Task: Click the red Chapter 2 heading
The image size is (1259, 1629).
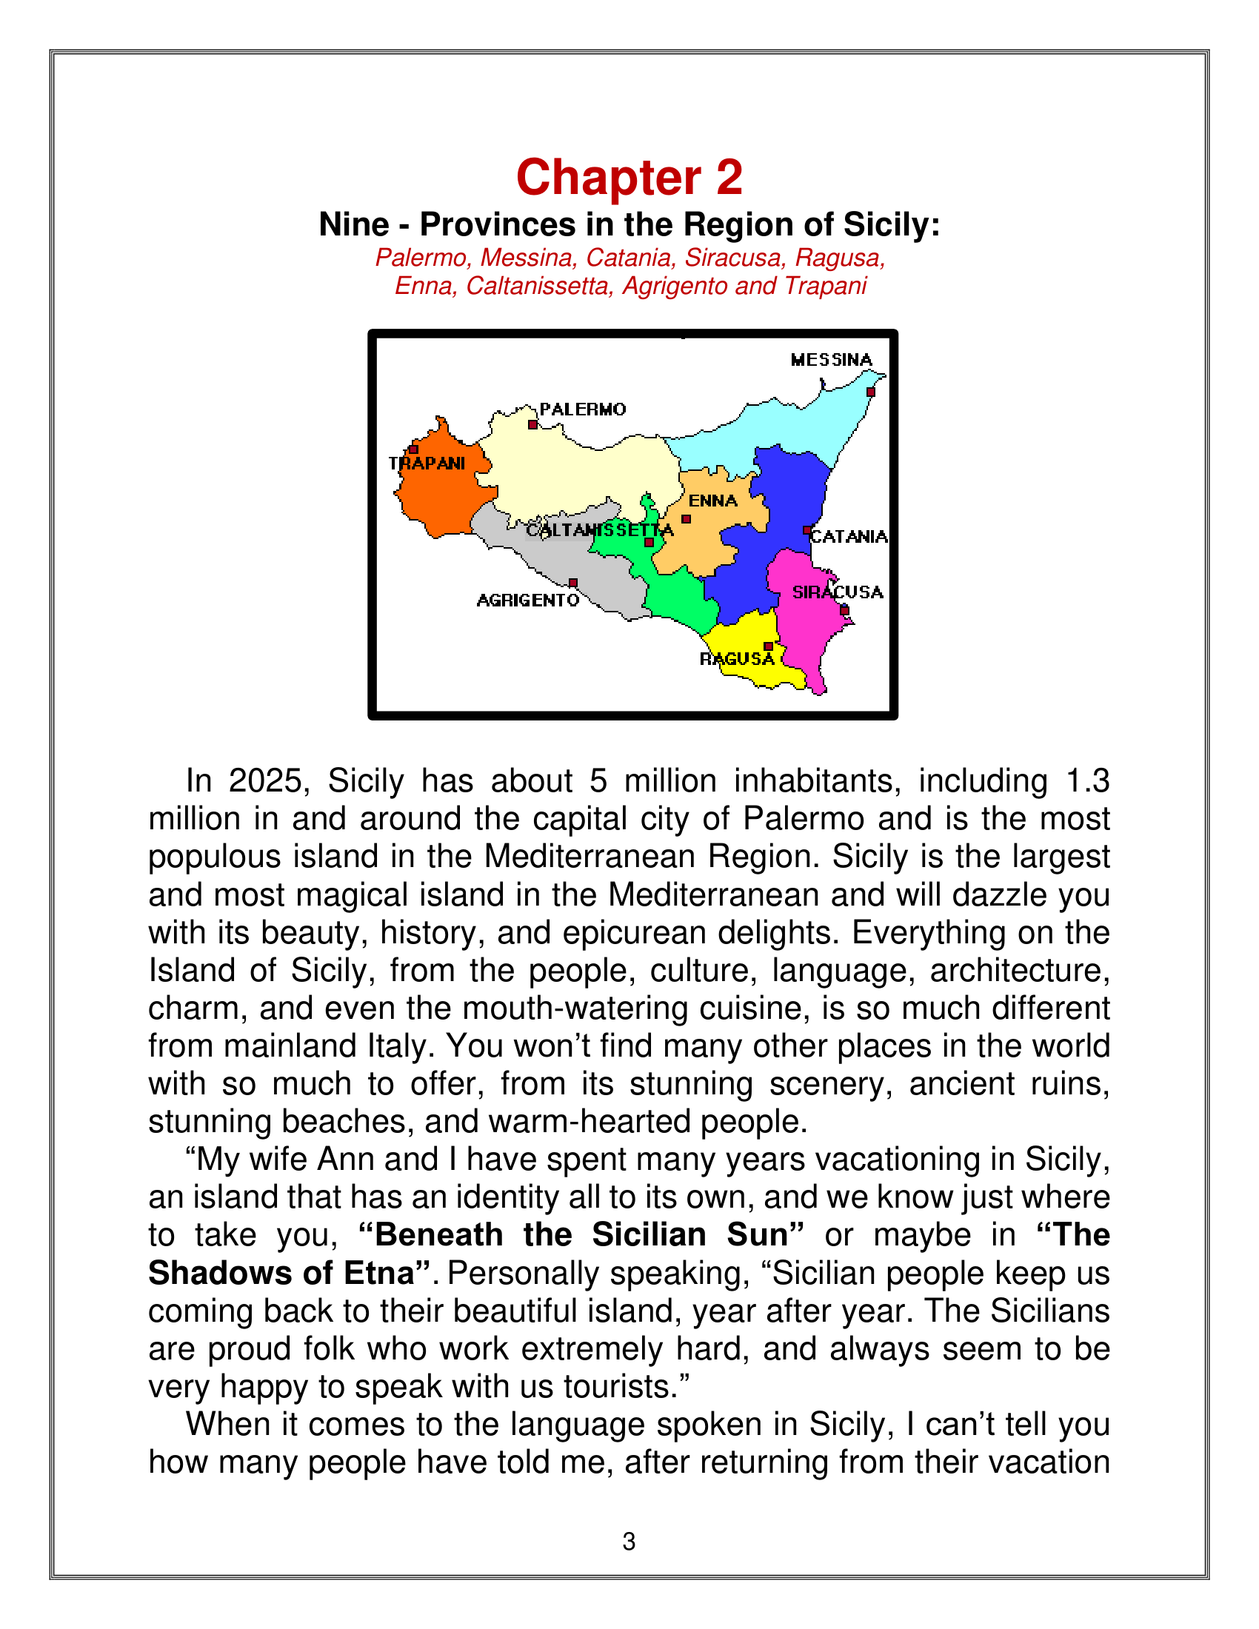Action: pos(629,178)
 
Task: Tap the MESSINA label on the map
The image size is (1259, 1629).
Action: pos(831,361)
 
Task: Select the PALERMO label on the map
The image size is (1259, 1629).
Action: pos(583,409)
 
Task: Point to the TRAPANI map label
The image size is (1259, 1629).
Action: pos(427,464)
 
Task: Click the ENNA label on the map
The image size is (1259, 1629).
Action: pos(712,501)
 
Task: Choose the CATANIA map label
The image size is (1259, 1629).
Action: pos(849,537)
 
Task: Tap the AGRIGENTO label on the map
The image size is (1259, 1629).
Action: pos(527,601)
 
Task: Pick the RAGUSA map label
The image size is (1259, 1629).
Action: pos(737,659)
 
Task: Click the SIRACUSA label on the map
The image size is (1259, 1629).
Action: pos(837,592)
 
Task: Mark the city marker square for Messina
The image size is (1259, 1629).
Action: pos(870,392)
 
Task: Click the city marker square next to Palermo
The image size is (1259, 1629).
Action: pos(532,424)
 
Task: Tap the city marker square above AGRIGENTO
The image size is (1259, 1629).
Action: pos(572,583)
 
